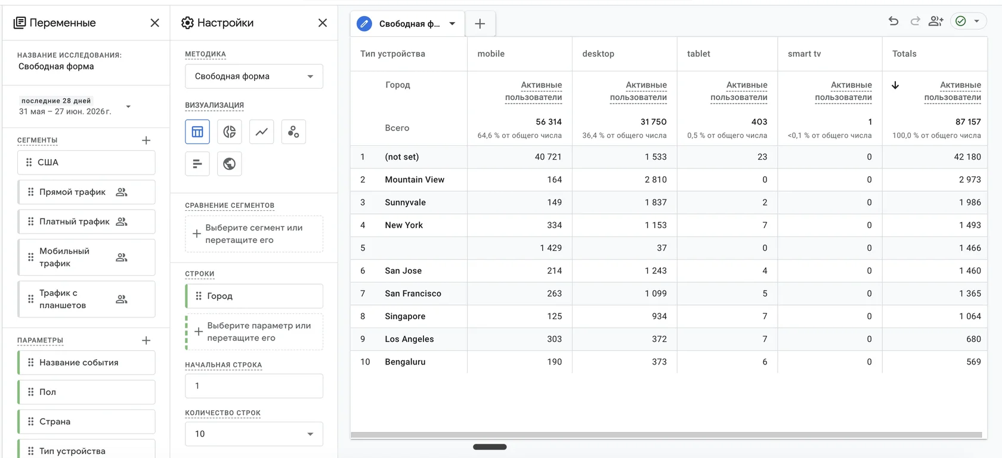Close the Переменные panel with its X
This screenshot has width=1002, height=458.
tap(154, 23)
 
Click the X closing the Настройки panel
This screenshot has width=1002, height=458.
tap(323, 23)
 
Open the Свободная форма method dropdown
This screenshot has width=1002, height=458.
tap(253, 76)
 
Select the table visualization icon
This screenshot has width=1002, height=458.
tap(197, 132)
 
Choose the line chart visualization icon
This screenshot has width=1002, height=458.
tap(262, 132)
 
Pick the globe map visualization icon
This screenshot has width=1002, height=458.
tap(230, 164)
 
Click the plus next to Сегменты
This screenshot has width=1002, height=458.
tap(146, 141)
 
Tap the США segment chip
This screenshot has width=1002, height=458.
tap(86, 162)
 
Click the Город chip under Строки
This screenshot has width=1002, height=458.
tap(254, 296)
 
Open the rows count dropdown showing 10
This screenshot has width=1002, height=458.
tap(253, 434)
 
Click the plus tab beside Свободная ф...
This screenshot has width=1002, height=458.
tap(480, 24)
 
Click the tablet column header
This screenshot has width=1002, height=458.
tap(698, 54)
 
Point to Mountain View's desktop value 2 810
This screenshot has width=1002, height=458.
tap(655, 180)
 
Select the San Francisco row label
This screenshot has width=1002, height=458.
tap(413, 294)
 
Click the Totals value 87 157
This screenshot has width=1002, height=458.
tap(968, 121)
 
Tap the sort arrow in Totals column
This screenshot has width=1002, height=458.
tap(895, 85)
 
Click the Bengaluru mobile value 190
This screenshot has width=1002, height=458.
tap(554, 362)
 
